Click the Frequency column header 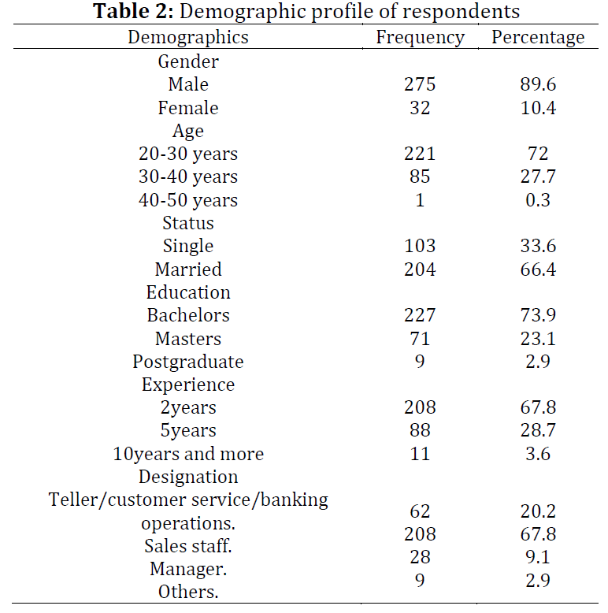(420, 38)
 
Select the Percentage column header (538, 38)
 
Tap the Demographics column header (188, 38)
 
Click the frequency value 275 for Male (420, 84)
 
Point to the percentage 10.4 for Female (538, 107)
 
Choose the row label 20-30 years (188, 154)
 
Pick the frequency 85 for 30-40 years (420, 176)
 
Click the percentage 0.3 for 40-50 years (538, 200)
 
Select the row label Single (188, 247)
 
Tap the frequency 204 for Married (420, 269)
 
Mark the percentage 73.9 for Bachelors (538, 314)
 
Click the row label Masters (188, 339)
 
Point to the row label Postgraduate (188, 362)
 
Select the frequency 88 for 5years (420, 430)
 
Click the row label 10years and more (188, 455)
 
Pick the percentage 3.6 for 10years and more (538, 454)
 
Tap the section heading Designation (188, 477)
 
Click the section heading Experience (188, 385)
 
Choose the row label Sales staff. (188, 546)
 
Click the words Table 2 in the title (133, 11)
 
